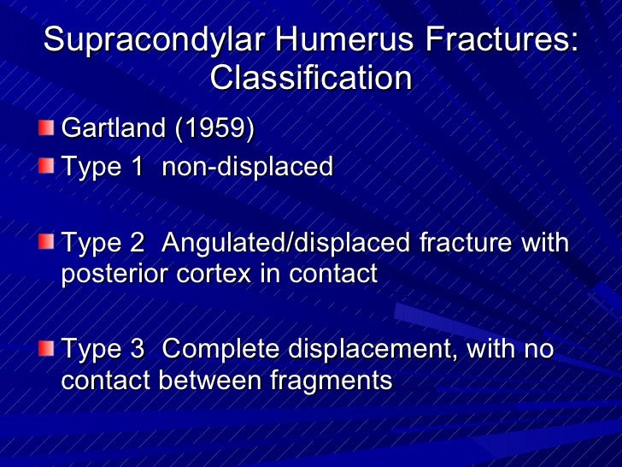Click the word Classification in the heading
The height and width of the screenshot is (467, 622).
(x=310, y=79)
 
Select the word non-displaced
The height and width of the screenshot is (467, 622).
(x=247, y=167)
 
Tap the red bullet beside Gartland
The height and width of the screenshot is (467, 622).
(x=48, y=128)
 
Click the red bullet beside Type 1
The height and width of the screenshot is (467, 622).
(x=48, y=165)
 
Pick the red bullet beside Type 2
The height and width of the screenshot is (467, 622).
(x=48, y=241)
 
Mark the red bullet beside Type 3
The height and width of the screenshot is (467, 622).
(x=48, y=348)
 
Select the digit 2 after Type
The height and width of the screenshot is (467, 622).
(x=136, y=244)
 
